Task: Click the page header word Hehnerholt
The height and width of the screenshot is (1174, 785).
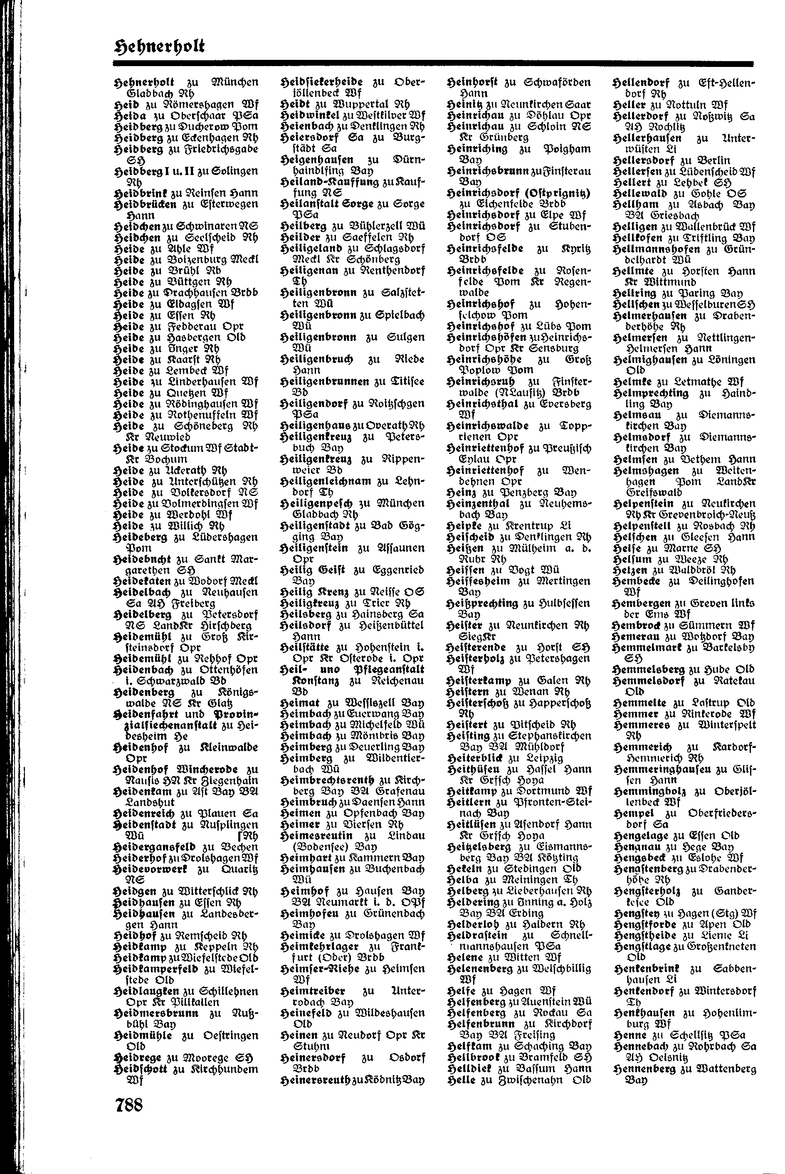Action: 160,47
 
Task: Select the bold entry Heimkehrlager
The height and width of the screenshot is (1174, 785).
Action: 321,946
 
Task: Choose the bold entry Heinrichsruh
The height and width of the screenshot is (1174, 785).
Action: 480,381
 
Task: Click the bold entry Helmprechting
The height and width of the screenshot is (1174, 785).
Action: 651,393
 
